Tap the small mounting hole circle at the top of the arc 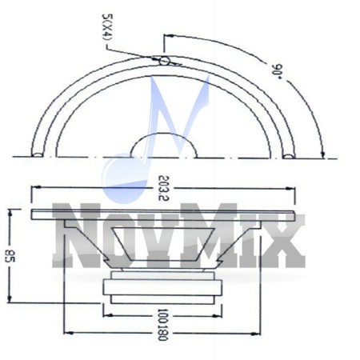tap(164, 60)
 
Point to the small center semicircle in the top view tap(163, 145)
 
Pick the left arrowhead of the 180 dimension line tap(66, 330)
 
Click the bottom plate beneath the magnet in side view tap(164, 298)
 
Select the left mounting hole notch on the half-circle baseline tap(38, 154)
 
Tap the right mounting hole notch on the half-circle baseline tap(289, 154)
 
